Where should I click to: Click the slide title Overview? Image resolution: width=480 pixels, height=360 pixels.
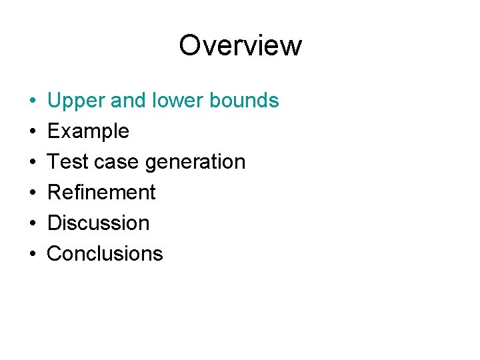pos(240,45)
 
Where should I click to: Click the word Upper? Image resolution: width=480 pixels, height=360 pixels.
pos(74,101)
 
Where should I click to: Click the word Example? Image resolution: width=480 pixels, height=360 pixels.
pos(88,131)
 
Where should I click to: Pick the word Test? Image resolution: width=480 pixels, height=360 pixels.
pos(64,161)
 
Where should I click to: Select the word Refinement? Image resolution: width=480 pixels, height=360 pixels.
pos(101,192)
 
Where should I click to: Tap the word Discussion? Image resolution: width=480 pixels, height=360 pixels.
pos(98,223)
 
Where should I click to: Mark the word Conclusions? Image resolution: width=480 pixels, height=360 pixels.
pos(105,253)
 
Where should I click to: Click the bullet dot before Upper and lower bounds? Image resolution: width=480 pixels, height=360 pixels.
pos(33,101)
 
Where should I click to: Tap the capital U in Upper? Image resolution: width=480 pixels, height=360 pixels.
pos(55,101)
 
